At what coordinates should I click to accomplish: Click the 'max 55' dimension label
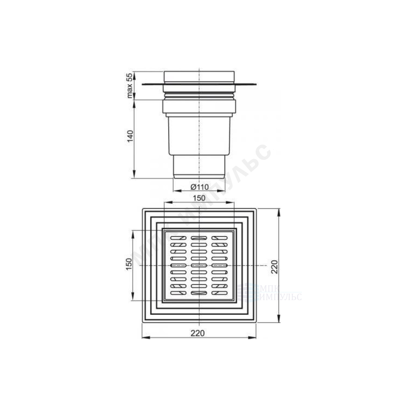[130, 85]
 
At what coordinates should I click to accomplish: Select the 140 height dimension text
[130, 136]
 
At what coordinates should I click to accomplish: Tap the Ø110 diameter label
[199, 187]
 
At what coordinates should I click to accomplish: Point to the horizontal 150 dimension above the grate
[199, 198]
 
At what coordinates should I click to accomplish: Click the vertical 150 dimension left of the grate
[129, 264]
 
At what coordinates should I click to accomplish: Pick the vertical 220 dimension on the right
[274, 267]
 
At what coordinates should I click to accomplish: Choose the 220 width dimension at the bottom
[198, 333]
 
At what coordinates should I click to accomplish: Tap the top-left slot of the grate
[178, 238]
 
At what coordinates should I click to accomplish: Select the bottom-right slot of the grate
[220, 293]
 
